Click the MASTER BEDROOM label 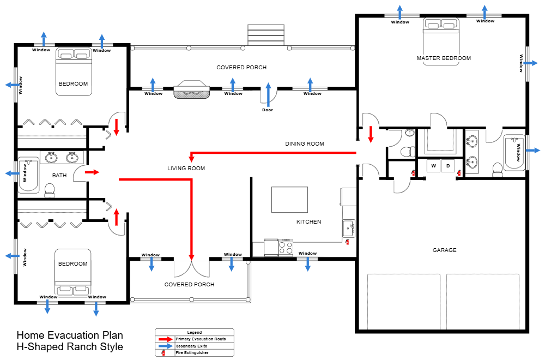point(444,58)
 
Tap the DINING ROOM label point(305,144)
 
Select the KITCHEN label point(308,222)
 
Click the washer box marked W point(434,165)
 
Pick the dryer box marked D point(448,165)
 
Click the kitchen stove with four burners point(286,248)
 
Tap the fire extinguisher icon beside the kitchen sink point(347,242)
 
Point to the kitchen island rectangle point(289,199)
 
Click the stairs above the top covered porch point(266,35)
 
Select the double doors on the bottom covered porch point(191,267)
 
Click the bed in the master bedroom point(441,41)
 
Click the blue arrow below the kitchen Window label point(307,265)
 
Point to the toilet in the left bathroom point(50,190)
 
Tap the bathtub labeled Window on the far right point(514,152)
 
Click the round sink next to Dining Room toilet point(410,133)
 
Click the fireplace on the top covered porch point(192,89)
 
